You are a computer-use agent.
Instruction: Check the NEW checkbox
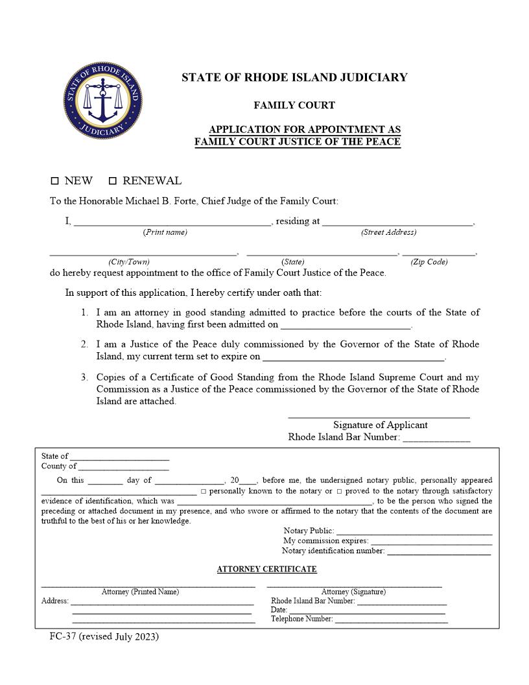tap(54, 181)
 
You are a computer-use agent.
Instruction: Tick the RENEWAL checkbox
tap(112, 181)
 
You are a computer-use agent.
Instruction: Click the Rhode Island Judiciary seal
tap(102, 101)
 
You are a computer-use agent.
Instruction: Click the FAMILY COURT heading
tap(294, 105)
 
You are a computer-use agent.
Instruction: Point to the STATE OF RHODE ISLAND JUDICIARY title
tap(294, 78)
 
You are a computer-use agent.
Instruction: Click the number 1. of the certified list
tap(84, 313)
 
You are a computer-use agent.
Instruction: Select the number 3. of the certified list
tap(84, 377)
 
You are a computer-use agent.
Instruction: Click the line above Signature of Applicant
tap(379, 416)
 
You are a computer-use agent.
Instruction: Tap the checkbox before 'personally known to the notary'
tap(204, 491)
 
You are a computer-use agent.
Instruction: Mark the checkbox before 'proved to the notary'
tap(339, 491)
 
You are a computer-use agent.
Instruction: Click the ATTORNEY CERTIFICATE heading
tap(266, 570)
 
